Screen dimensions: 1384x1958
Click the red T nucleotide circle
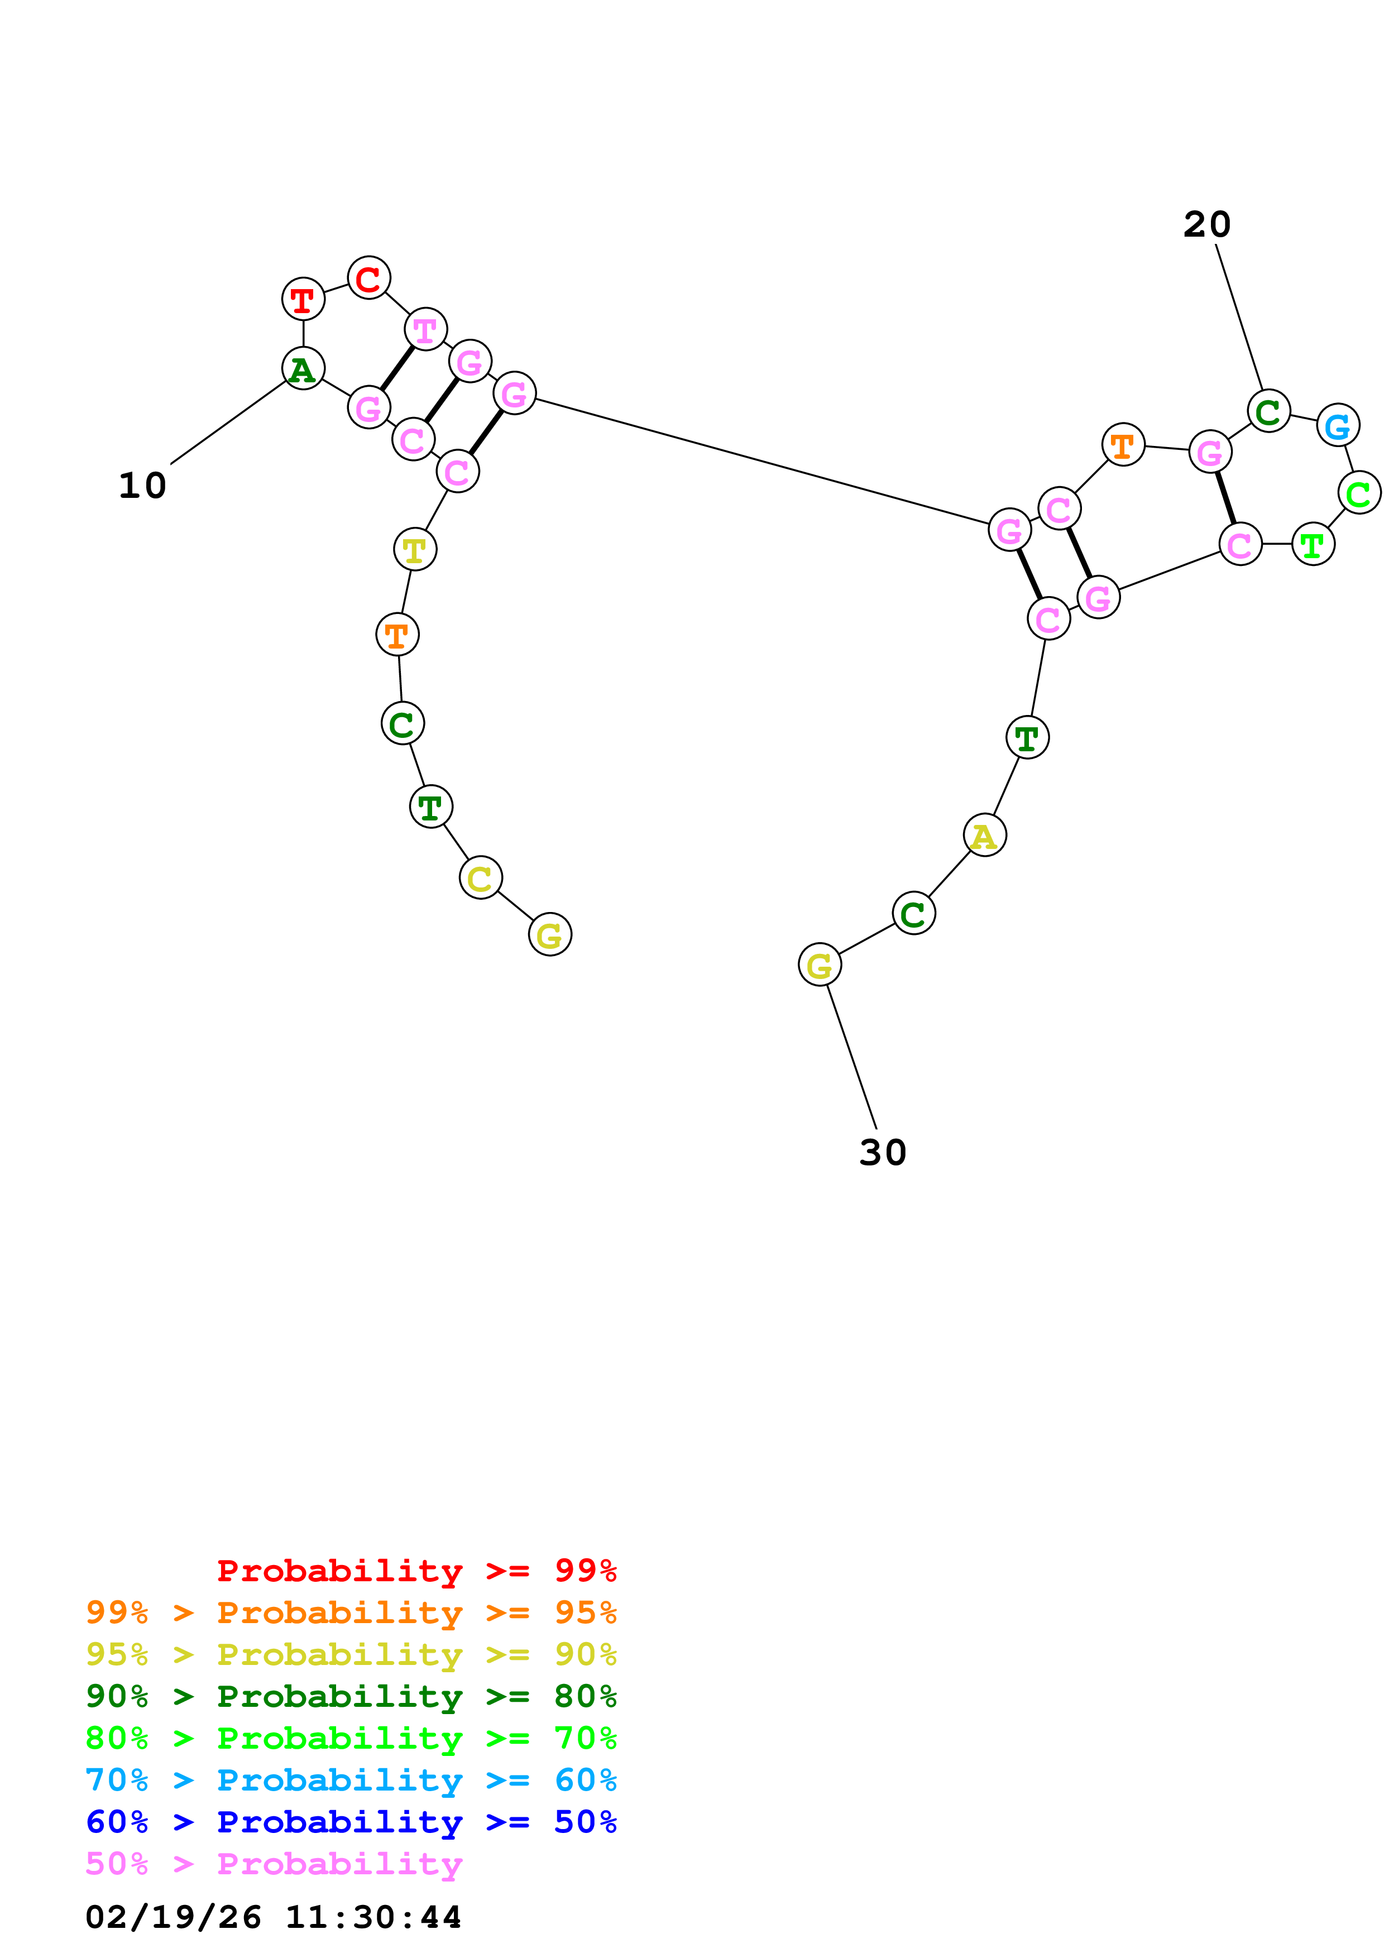pos(303,299)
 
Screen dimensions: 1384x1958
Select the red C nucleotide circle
pos(368,278)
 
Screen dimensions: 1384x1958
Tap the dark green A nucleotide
pos(303,368)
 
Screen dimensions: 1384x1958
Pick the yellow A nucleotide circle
pos(984,835)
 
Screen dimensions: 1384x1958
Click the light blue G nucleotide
pos(1337,425)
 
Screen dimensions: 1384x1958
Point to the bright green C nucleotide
pos(1358,493)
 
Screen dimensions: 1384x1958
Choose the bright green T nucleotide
pos(1313,544)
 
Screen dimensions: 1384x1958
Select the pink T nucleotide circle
pos(425,329)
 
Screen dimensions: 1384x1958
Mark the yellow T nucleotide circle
pos(414,549)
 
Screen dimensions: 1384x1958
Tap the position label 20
pos(1206,224)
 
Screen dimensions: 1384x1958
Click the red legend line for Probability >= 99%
pos(416,1570)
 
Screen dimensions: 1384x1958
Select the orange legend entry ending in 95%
pos(351,1612)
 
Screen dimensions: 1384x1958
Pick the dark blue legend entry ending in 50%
pos(351,1822)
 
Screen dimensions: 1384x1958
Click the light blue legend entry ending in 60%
pos(351,1780)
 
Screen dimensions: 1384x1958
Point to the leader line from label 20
pos(1238,317)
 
